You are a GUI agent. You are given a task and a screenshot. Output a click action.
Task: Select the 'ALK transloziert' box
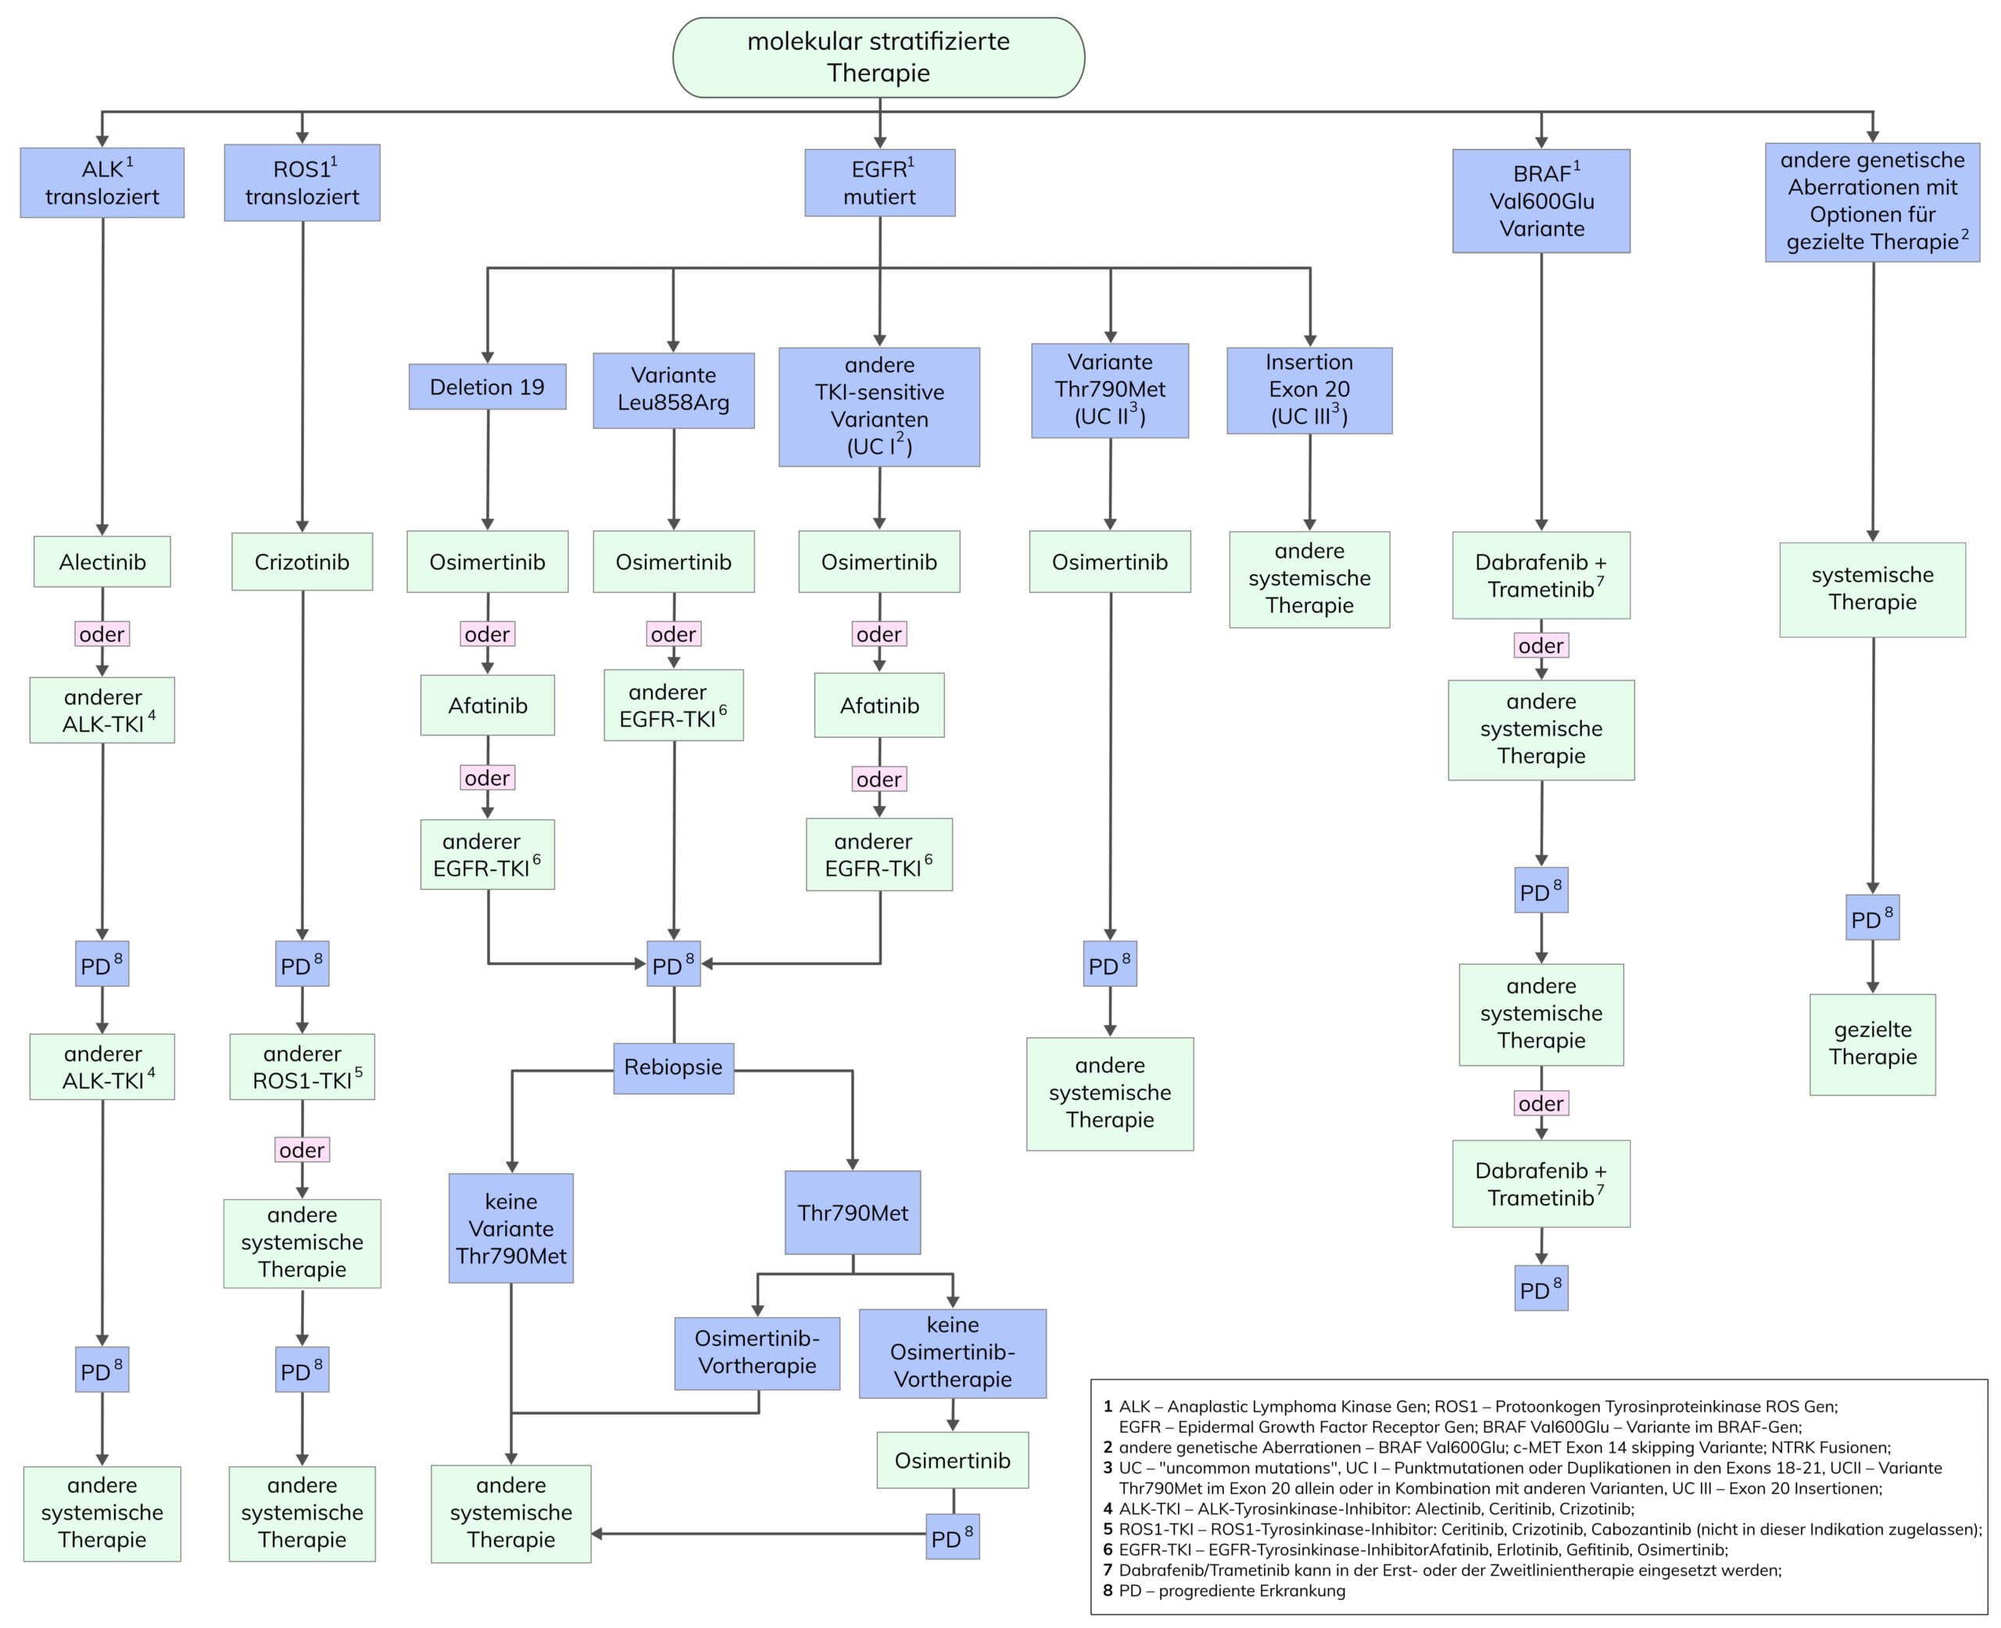[x=102, y=183]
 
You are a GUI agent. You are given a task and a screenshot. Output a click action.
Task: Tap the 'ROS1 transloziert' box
[x=302, y=183]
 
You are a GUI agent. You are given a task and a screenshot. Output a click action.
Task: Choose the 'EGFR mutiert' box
[x=879, y=183]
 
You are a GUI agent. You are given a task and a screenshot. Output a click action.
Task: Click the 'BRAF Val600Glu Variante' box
[x=1541, y=201]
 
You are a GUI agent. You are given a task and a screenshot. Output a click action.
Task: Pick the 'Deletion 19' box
[x=487, y=387]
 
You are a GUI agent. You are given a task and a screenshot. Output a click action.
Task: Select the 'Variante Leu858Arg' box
[x=673, y=389]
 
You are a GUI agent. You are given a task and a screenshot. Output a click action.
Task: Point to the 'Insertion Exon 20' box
[x=1308, y=390]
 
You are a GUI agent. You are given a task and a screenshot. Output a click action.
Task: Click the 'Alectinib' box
[x=102, y=562]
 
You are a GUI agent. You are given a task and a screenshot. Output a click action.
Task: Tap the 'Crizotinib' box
[x=302, y=562]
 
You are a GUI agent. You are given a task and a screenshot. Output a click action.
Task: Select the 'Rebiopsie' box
[x=673, y=1067]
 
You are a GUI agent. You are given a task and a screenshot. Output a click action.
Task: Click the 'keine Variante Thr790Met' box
[x=510, y=1229]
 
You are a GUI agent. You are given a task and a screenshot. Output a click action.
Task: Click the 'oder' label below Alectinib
[x=102, y=634]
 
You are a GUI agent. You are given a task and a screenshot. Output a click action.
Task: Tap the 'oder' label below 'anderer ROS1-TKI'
[x=301, y=1150]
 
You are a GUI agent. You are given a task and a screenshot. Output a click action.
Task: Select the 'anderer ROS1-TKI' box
[x=302, y=1067]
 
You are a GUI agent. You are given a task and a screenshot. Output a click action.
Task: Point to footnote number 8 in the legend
[x=1108, y=1591]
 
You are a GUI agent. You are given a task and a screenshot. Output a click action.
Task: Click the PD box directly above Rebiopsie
[x=673, y=964]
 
